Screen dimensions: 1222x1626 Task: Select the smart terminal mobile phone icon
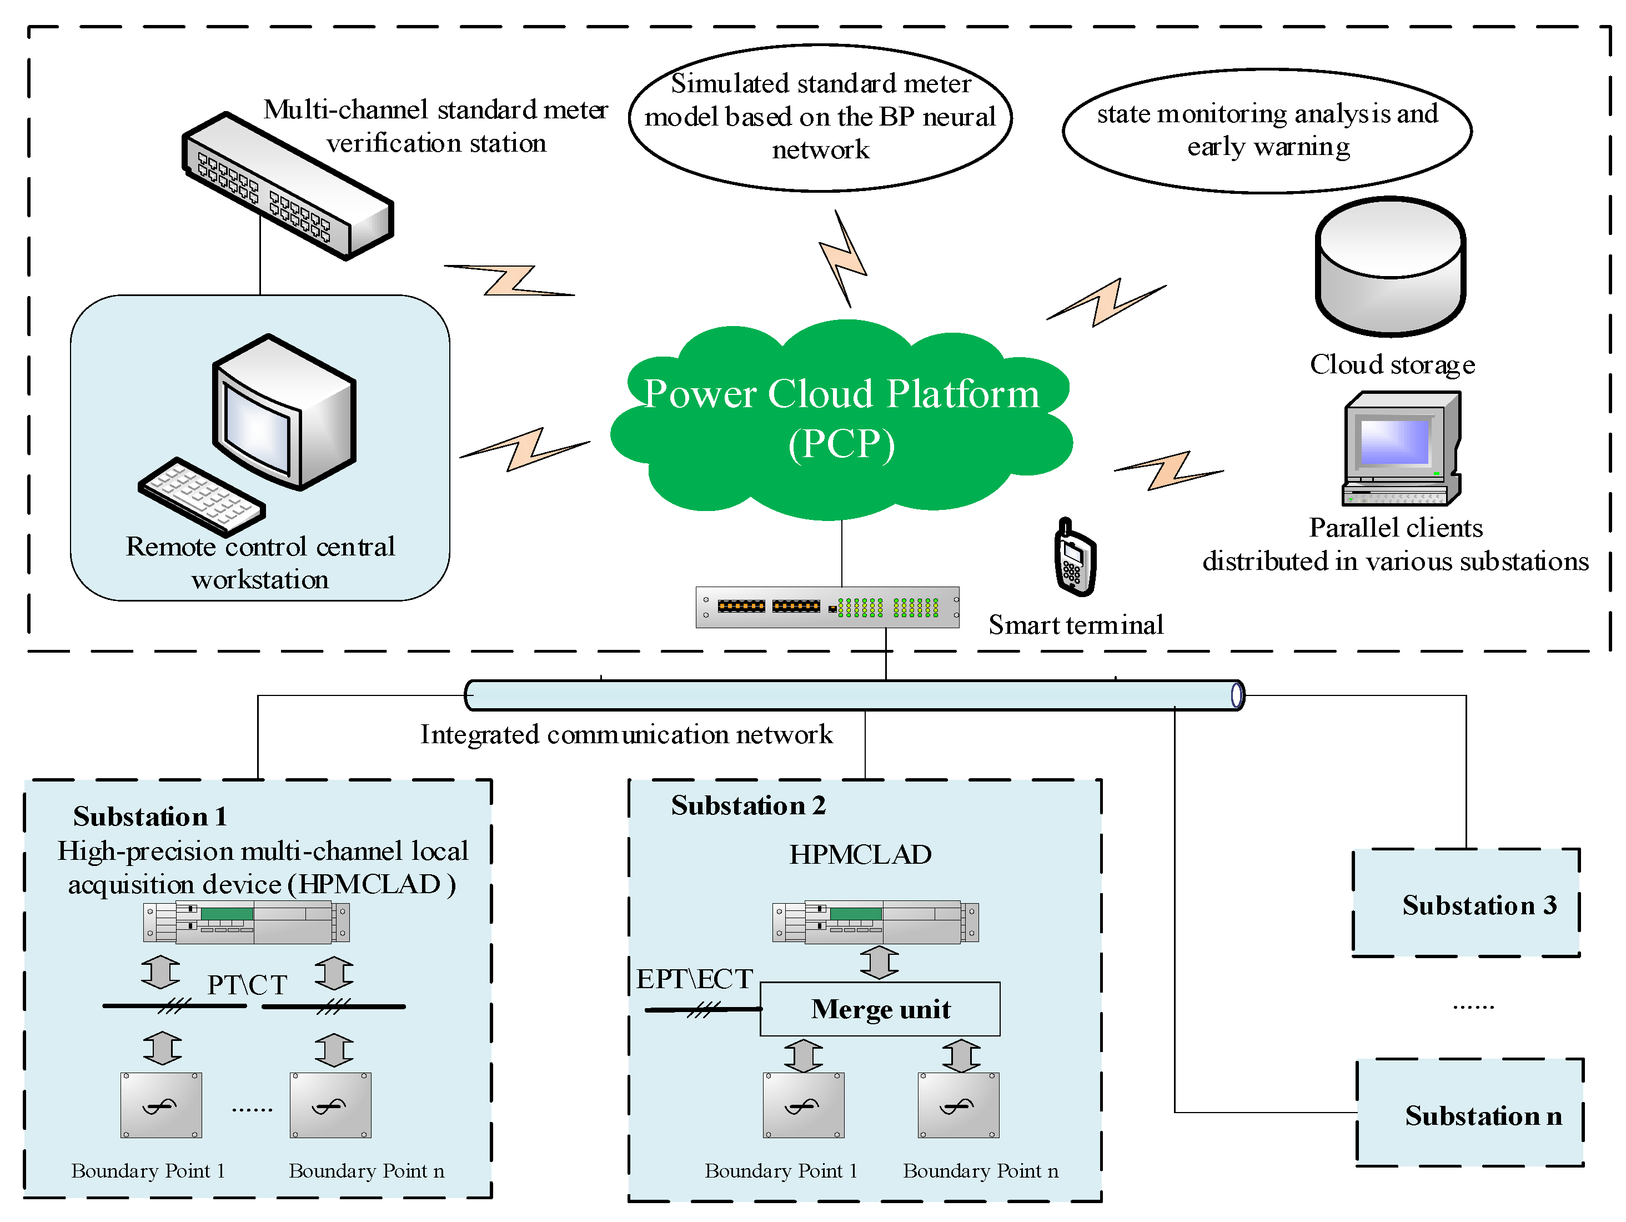point(1075,557)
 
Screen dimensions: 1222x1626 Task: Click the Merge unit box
point(880,1009)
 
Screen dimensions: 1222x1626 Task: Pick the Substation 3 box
point(1467,904)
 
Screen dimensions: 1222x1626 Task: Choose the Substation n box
point(1470,1113)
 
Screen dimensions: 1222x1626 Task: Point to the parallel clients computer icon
point(1401,448)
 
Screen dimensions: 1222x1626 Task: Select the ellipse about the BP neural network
point(820,118)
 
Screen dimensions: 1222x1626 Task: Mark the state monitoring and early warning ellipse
point(1267,131)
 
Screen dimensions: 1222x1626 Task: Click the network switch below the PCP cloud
point(827,607)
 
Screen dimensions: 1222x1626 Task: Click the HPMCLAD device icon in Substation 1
point(246,922)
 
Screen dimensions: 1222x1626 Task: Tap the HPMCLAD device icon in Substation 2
point(875,922)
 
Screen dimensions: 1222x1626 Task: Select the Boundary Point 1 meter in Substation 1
point(161,1104)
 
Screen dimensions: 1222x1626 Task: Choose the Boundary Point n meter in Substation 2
point(958,1104)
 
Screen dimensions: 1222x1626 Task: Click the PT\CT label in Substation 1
point(247,984)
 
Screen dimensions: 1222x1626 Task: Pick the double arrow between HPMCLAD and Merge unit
point(879,961)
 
